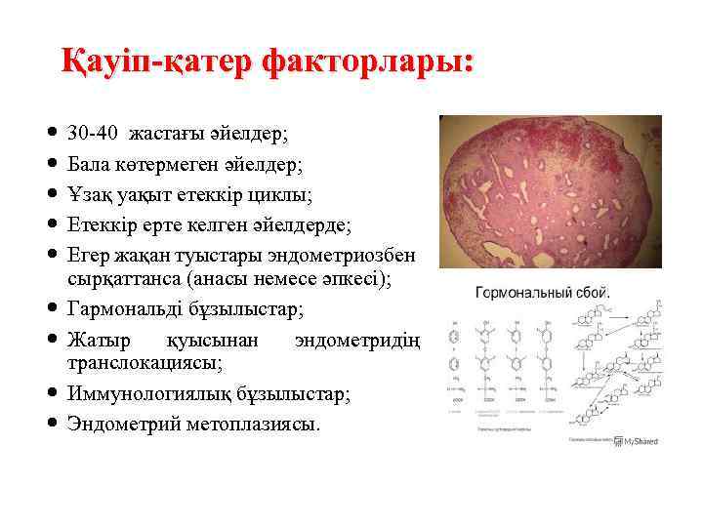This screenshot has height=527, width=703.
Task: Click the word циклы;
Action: (x=281, y=195)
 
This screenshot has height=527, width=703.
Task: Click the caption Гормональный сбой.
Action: (x=543, y=292)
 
